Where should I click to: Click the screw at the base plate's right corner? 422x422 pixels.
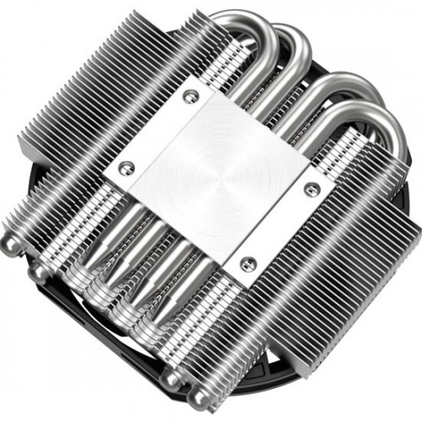click(x=312, y=187)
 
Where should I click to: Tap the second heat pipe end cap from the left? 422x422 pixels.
click(x=38, y=273)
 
